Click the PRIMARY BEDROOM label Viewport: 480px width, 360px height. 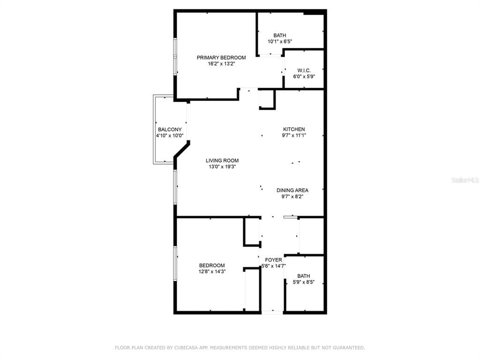click(x=221, y=58)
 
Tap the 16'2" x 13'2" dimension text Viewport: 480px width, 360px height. click(x=221, y=64)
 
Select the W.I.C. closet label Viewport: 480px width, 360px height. click(x=304, y=70)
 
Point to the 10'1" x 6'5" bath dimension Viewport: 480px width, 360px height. click(x=280, y=41)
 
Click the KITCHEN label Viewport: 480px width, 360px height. click(x=294, y=129)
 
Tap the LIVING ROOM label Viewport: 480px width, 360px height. click(x=222, y=160)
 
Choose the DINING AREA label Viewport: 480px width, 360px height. click(x=292, y=190)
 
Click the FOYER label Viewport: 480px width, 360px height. click(x=273, y=260)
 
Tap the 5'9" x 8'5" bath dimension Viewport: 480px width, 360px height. click(x=303, y=282)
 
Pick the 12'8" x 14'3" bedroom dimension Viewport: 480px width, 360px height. click(x=212, y=271)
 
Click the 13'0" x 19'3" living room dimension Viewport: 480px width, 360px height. click(x=222, y=166)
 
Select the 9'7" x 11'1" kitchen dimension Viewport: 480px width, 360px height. click(x=294, y=135)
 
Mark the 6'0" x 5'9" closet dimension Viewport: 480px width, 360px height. click(x=304, y=76)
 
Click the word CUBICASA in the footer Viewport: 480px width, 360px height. click(x=187, y=348)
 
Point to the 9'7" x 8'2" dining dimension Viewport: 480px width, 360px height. click(x=292, y=196)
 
